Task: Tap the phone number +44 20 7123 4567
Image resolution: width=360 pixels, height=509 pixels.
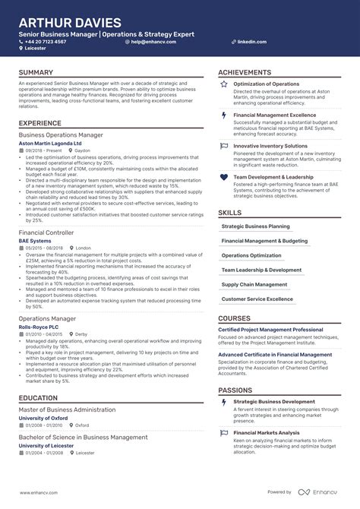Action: point(47,42)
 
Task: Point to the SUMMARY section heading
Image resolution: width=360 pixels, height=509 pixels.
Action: point(36,72)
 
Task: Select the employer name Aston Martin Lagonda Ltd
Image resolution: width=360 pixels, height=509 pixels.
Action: point(50,143)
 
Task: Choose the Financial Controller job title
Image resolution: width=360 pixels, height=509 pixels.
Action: point(46,232)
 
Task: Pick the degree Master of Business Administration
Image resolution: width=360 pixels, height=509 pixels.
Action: point(68,409)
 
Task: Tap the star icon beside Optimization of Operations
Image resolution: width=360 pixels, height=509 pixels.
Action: point(223,84)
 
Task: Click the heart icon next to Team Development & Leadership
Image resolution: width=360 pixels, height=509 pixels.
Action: point(223,177)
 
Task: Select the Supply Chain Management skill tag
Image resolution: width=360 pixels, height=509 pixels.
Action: point(255,285)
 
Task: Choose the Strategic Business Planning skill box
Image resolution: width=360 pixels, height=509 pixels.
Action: point(255,226)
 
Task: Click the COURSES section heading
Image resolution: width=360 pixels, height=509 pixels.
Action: point(234,318)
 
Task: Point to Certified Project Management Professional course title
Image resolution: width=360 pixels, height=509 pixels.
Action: point(270,330)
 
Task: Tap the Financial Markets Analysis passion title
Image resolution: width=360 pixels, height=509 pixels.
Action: point(267,432)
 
